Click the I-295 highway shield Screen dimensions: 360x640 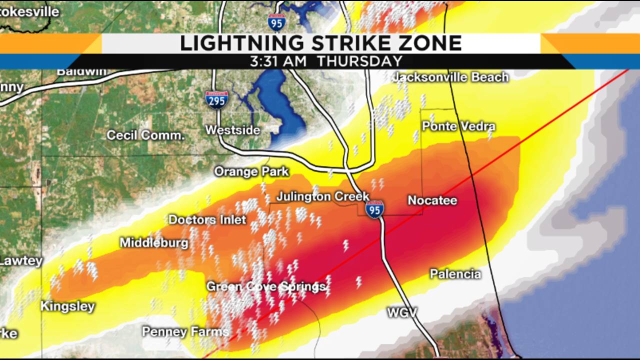point(216,99)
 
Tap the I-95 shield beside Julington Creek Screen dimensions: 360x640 point(374,209)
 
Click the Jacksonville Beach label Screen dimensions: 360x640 point(450,77)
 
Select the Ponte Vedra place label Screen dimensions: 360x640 point(458,126)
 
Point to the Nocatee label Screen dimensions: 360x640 point(432,200)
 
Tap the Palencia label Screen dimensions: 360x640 point(455,274)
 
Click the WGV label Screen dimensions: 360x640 point(402,313)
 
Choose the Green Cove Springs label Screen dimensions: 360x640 point(266,286)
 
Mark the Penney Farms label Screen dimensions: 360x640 point(185,331)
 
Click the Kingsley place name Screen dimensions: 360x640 point(67,306)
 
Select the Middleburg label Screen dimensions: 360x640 point(154,243)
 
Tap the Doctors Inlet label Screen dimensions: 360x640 point(207,219)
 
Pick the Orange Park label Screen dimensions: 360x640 point(251,171)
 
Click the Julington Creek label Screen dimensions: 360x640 point(323,196)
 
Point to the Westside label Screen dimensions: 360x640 point(233,130)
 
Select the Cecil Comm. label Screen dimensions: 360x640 point(145,135)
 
